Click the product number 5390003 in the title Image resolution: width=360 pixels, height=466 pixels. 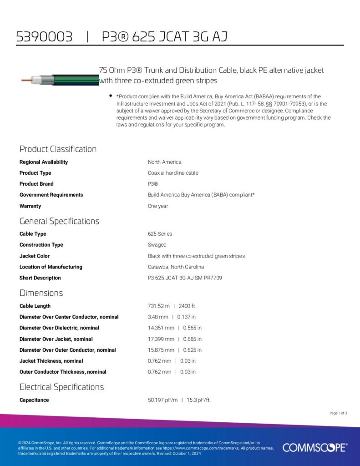tap(44, 36)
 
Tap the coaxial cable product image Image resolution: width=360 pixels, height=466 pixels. tap(60, 80)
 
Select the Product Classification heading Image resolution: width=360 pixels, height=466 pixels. tap(58, 149)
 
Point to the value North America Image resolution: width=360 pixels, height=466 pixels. tap(164, 162)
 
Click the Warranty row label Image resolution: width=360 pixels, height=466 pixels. tap(30, 206)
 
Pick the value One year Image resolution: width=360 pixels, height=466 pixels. tap(158, 206)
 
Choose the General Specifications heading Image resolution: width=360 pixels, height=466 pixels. tap(59, 221)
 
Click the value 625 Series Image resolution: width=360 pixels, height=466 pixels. tap(160, 234)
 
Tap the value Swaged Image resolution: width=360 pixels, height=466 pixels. tap(157, 245)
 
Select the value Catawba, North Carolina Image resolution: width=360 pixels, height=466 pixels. tap(176, 267)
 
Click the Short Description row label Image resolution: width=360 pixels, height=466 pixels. tap(40, 278)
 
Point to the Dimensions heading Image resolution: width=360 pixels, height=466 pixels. tap(41, 293)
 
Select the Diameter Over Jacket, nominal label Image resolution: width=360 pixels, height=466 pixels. tap(56, 339)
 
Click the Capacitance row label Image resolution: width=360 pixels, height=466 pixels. tap(34, 400)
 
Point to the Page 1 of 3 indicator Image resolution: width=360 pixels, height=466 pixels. tap(338, 413)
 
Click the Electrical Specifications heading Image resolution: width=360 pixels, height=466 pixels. tap(61, 387)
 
